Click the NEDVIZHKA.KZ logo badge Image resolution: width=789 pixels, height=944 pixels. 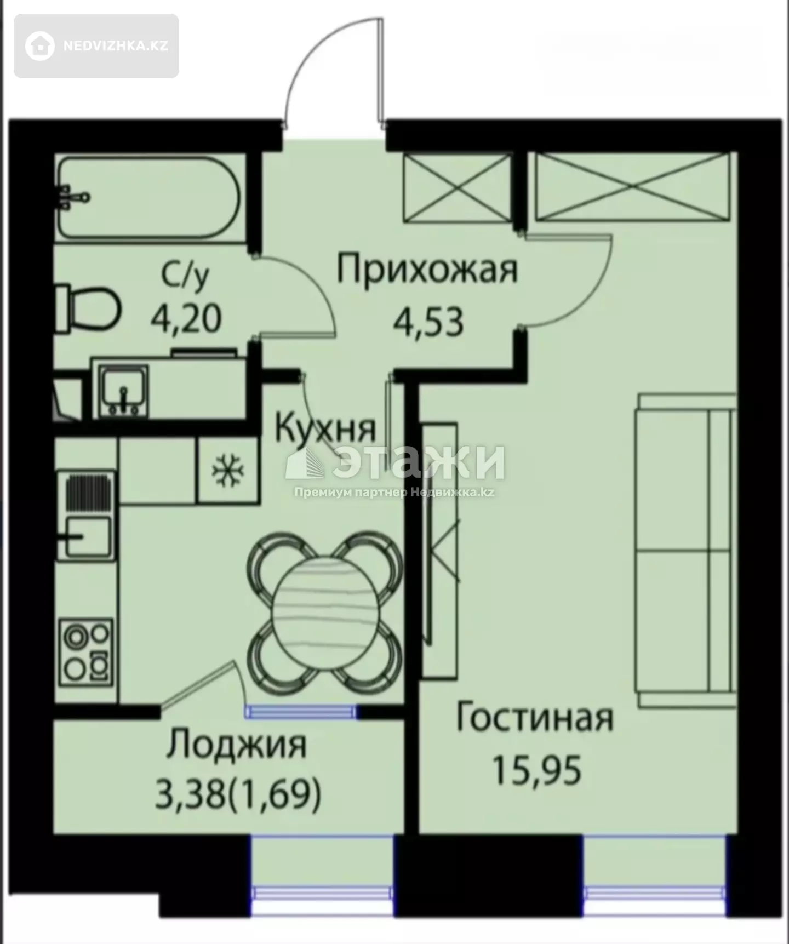click(96, 46)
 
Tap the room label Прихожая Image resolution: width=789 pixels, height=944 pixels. click(427, 270)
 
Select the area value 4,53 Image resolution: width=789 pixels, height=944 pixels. click(428, 322)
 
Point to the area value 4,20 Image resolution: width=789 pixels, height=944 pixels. click(186, 318)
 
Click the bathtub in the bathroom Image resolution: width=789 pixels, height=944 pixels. click(148, 198)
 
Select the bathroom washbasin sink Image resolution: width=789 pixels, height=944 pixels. click(123, 391)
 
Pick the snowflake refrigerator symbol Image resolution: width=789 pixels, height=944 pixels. click(228, 470)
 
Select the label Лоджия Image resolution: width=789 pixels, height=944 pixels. click(237, 746)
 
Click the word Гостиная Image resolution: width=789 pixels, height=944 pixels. click(535, 718)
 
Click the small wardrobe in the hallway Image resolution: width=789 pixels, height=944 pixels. click(457, 187)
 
